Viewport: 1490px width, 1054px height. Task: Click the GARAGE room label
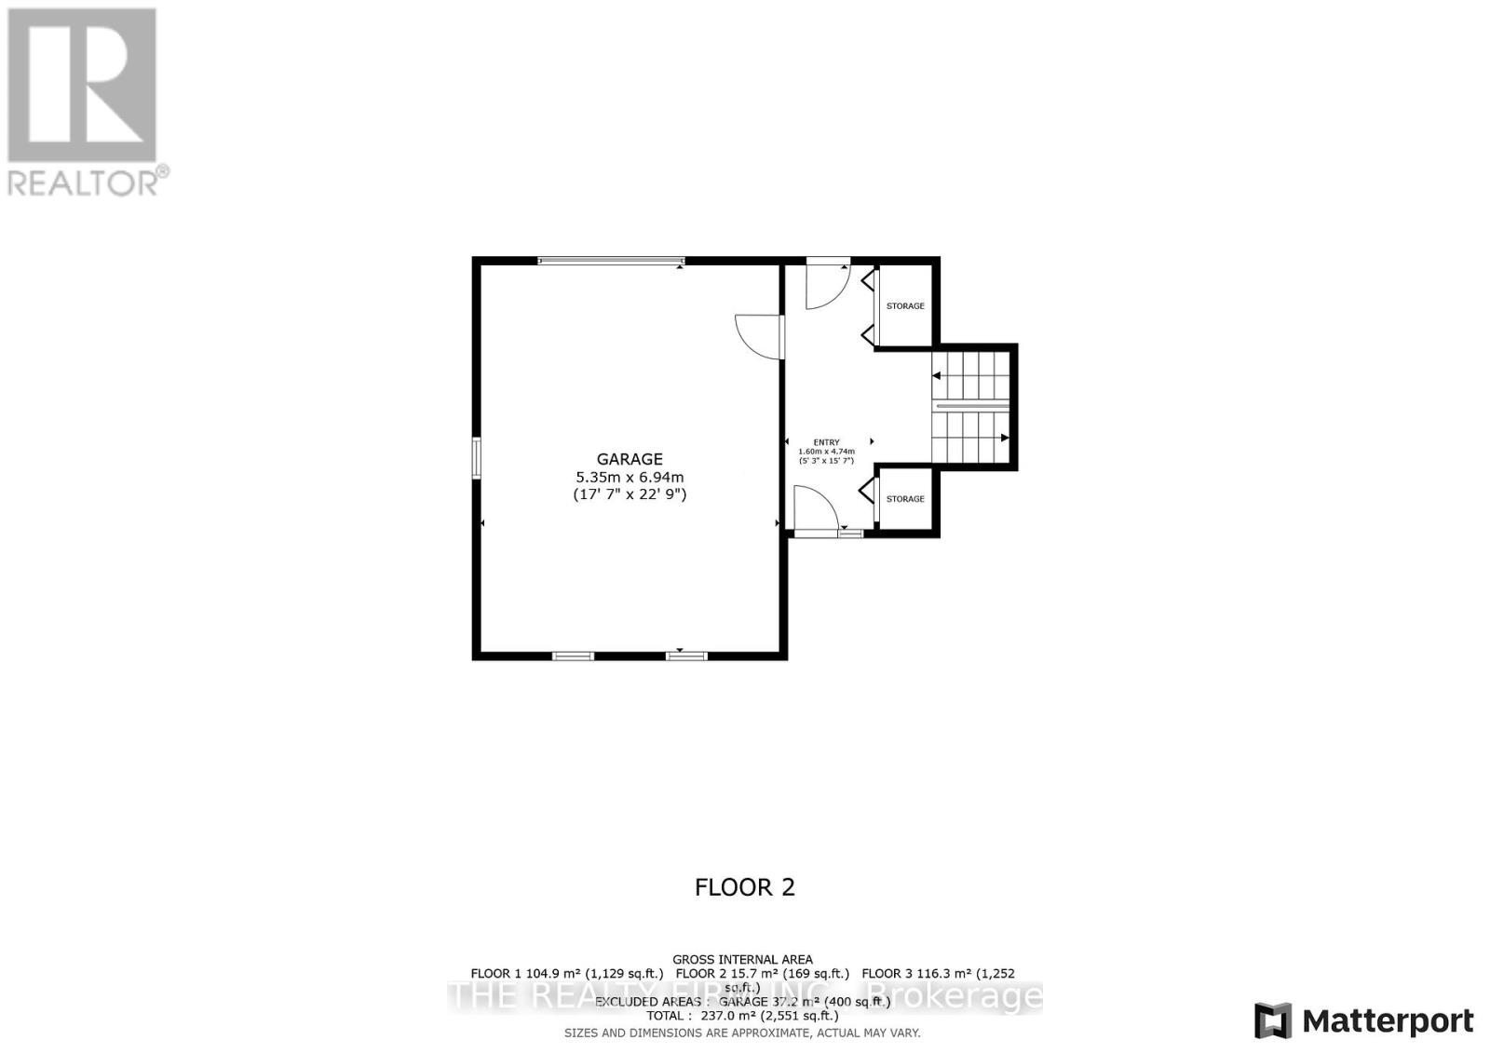[x=630, y=459]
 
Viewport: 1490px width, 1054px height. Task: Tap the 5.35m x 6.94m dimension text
[x=630, y=477]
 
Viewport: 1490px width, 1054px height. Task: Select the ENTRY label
[x=826, y=442]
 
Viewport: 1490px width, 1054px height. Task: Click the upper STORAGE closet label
[x=905, y=306]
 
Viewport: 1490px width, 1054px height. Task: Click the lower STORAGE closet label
[x=905, y=499]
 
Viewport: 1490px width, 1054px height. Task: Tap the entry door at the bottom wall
[x=816, y=510]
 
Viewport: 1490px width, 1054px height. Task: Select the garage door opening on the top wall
[x=611, y=262]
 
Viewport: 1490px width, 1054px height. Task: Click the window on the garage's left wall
[x=476, y=458]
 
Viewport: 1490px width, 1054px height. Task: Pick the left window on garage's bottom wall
[x=573, y=656]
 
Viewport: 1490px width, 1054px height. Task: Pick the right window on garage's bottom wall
[x=686, y=656]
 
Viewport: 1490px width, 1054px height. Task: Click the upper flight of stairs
[x=972, y=376]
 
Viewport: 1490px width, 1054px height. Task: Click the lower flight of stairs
[x=972, y=438]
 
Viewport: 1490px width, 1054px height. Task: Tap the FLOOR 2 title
[x=745, y=887]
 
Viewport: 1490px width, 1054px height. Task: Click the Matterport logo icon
[x=1273, y=1020]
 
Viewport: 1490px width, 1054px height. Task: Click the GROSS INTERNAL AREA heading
[x=742, y=959]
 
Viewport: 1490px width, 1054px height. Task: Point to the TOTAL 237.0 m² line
[x=742, y=1016]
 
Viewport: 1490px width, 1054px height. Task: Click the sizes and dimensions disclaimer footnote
[x=742, y=1033]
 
